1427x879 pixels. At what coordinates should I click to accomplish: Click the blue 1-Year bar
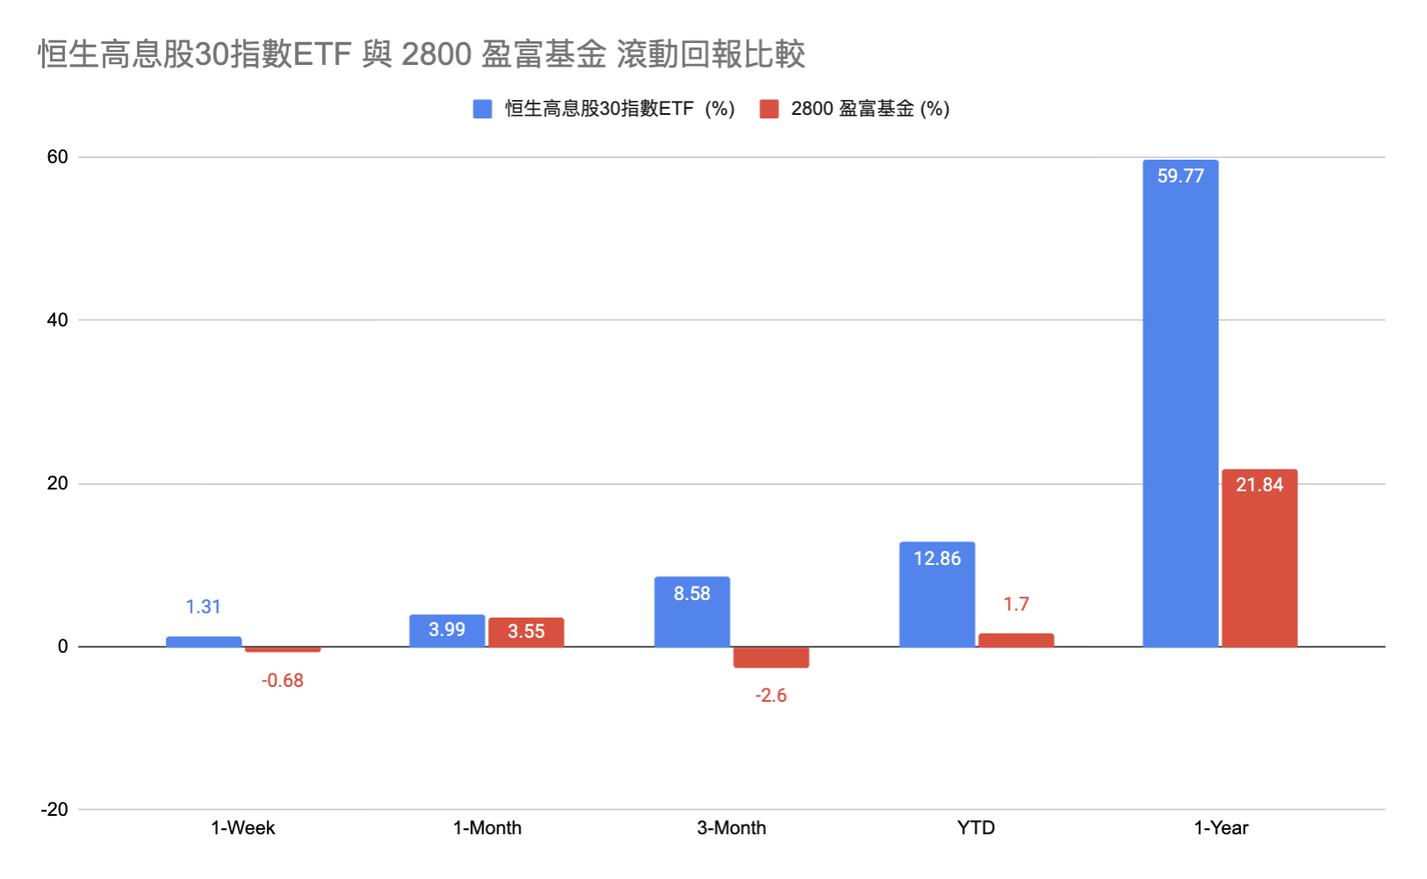(x=1180, y=404)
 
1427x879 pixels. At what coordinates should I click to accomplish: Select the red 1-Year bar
(x=1259, y=561)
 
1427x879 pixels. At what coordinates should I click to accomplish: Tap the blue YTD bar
(x=937, y=597)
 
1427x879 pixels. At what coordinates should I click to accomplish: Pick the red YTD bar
(x=1016, y=640)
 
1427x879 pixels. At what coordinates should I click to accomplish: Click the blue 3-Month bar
(x=692, y=614)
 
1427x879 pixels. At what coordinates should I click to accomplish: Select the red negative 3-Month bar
(x=771, y=657)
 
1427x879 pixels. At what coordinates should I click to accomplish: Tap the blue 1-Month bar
(x=447, y=632)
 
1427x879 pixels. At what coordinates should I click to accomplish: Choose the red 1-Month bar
(x=526, y=632)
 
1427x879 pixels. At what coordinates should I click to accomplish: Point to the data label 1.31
(x=203, y=607)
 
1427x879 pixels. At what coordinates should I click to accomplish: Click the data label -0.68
(x=282, y=681)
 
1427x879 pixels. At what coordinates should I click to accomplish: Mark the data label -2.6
(x=771, y=696)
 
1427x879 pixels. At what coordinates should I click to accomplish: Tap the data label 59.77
(x=1180, y=176)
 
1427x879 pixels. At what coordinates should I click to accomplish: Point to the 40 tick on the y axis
(x=57, y=320)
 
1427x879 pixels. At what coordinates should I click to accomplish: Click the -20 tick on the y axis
(x=54, y=810)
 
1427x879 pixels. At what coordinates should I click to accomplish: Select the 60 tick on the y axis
(x=57, y=157)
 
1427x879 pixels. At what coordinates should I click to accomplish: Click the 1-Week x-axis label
(x=243, y=828)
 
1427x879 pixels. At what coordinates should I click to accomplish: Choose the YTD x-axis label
(x=976, y=828)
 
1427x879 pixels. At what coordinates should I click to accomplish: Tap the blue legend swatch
(x=482, y=109)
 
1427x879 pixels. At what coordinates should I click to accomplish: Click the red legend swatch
(x=769, y=109)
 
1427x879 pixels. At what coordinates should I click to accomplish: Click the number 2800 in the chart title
(x=436, y=54)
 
